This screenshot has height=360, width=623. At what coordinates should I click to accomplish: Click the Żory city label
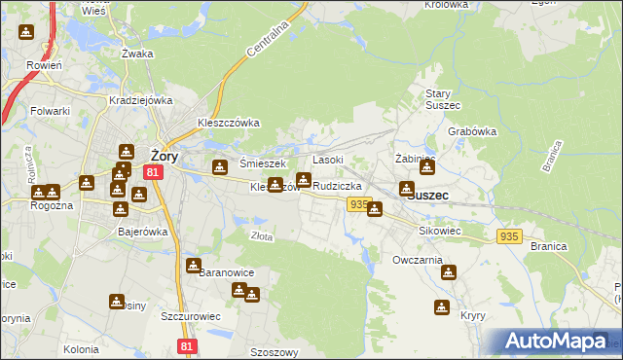[163, 153]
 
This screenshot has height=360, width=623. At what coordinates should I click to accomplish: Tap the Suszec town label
[428, 195]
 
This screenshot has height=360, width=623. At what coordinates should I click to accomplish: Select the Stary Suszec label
[442, 99]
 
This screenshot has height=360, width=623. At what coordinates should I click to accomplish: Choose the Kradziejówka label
[141, 100]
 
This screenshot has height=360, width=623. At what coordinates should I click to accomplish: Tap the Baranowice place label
[226, 273]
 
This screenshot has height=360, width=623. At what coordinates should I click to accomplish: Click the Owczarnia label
[418, 261]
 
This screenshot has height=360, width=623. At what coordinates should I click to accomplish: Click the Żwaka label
[138, 54]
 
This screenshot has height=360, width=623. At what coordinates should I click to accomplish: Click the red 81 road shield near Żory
[152, 171]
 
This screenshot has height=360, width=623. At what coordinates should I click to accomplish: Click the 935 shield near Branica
[509, 236]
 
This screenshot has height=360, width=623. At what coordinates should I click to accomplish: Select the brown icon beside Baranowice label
[195, 265]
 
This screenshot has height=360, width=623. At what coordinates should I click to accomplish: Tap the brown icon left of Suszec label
[406, 190]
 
